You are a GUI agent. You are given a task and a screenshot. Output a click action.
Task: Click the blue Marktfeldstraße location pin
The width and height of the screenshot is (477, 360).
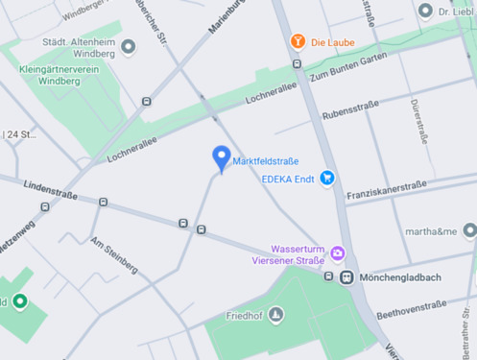[221, 157]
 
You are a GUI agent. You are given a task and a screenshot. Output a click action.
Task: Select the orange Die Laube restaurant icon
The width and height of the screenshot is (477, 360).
[298, 41]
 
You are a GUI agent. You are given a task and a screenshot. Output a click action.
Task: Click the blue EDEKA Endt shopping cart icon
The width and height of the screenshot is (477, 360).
[328, 178]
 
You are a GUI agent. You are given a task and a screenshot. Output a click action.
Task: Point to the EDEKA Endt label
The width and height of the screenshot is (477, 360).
[290, 178]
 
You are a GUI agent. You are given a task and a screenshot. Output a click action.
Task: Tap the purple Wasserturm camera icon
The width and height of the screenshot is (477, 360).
[337, 253]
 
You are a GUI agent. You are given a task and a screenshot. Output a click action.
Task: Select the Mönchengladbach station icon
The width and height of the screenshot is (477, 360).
[346, 277]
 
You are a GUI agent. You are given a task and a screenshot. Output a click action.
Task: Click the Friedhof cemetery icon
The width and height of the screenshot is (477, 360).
[276, 314]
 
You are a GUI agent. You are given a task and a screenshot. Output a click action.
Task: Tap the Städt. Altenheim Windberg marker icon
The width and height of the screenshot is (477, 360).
[129, 47]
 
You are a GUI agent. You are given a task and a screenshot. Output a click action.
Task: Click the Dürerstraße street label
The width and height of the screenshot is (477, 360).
[416, 121]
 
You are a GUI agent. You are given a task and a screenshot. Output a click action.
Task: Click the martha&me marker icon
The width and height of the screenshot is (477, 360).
[468, 230]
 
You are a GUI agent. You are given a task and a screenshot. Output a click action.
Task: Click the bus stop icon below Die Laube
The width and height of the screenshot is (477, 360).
[297, 64]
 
